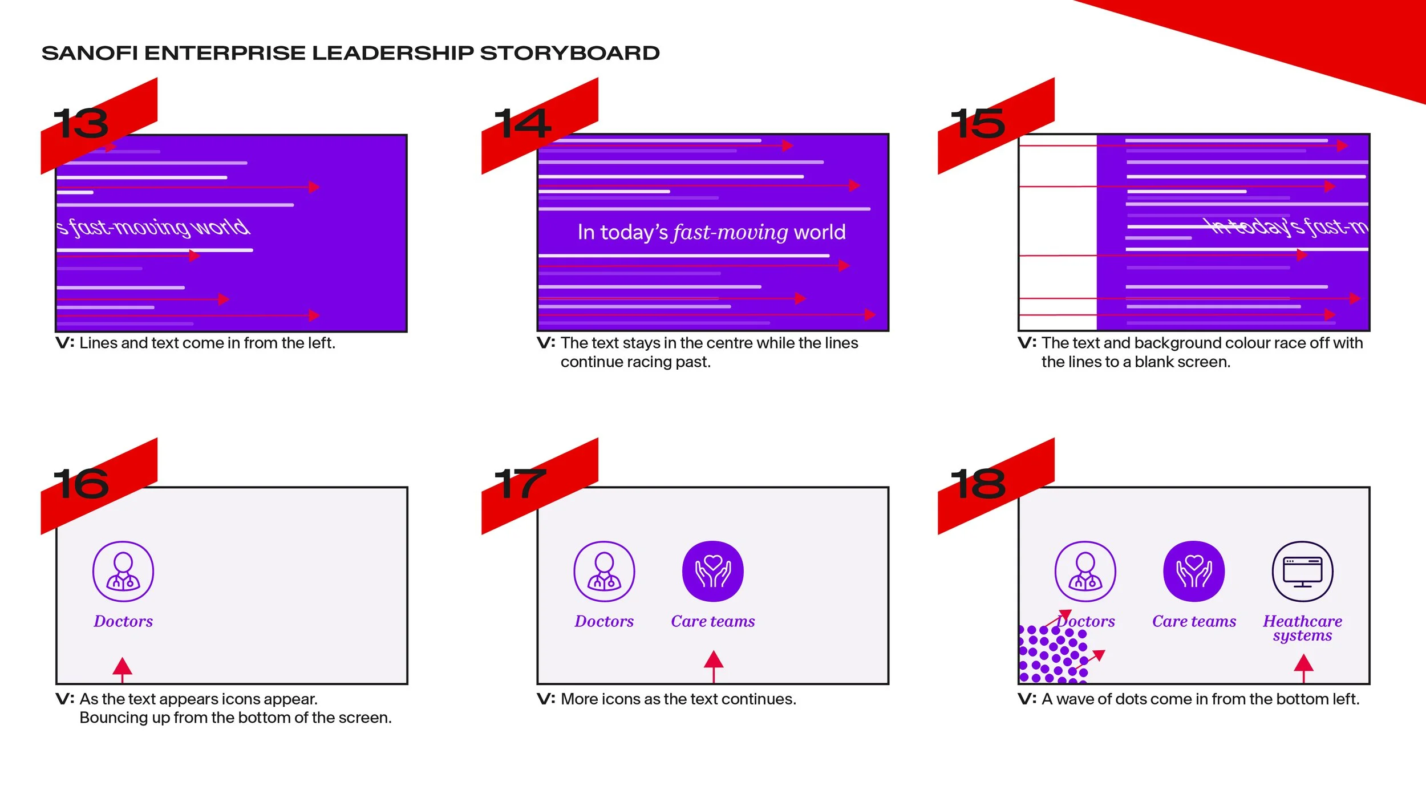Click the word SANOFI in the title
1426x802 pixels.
(90, 53)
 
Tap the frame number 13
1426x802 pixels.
(81, 124)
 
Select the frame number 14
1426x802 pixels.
(522, 124)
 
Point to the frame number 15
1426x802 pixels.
(978, 124)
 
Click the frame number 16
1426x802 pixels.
(81, 484)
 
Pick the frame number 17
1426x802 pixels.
(520, 484)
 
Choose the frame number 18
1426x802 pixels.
(978, 484)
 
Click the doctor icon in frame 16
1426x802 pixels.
(123, 572)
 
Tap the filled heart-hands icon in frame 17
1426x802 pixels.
(713, 572)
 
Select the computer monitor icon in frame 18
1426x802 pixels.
(1302, 572)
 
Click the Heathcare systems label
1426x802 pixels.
(1302, 628)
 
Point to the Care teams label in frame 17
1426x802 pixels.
(713, 621)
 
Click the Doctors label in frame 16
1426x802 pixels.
(123, 621)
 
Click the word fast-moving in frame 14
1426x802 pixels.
(730, 233)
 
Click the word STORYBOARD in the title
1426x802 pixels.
(569, 53)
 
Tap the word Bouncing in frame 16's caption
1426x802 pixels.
(113, 718)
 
